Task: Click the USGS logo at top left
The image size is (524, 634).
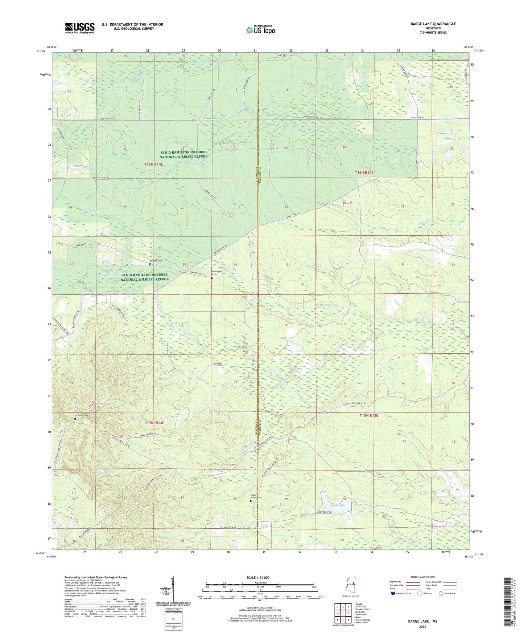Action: (x=80, y=28)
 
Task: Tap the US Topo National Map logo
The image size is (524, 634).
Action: (x=260, y=30)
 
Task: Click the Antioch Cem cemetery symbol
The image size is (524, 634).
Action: (x=150, y=264)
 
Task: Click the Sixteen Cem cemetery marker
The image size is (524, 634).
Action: (x=75, y=419)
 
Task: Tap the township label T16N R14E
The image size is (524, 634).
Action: (x=154, y=164)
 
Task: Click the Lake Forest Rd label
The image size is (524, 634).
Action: (x=324, y=512)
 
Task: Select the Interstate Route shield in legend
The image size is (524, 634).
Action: (x=393, y=593)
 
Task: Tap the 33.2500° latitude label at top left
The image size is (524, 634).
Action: (x=41, y=51)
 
